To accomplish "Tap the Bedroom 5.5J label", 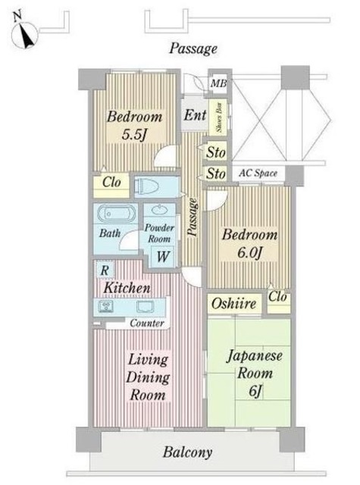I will pos(134,126).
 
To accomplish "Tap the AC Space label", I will pos(258,174).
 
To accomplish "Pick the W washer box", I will pos(163,256).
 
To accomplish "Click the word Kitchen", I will pos(127,289).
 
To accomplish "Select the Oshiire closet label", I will pos(235,304).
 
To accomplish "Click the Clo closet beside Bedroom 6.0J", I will pos(278,298).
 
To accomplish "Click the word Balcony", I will pos(186,454).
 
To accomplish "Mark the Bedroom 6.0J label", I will pos(249,243).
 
